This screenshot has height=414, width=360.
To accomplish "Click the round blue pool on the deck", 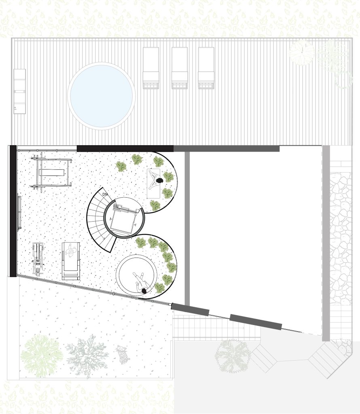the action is pyautogui.click(x=102, y=96).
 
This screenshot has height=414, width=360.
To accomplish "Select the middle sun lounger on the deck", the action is pyautogui.click(x=180, y=68).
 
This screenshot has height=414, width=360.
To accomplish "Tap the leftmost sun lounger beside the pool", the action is pyautogui.click(x=151, y=68).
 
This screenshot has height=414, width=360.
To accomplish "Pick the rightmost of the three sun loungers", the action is pyautogui.click(x=206, y=68).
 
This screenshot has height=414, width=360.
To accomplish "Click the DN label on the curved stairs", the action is pyautogui.click(x=106, y=194).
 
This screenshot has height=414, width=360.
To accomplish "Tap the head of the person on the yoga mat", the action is pyautogui.click(x=159, y=181).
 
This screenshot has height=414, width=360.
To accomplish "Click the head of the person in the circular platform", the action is pyautogui.click(x=144, y=291).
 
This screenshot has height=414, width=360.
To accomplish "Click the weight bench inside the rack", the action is pyautogui.click(x=52, y=172).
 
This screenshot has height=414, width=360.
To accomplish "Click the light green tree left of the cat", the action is pyautogui.click(x=42, y=355).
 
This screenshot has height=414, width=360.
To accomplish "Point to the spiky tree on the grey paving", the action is pyautogui.click(x=232, y=356).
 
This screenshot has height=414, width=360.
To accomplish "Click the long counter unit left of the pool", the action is pyautogui.click(x=19, y=91).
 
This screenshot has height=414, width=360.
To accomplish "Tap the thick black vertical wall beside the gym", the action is pyautogui.click(x=13, y=211).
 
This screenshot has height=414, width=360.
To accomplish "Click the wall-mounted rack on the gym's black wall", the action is pyautogui.click(x=19, y=212).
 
